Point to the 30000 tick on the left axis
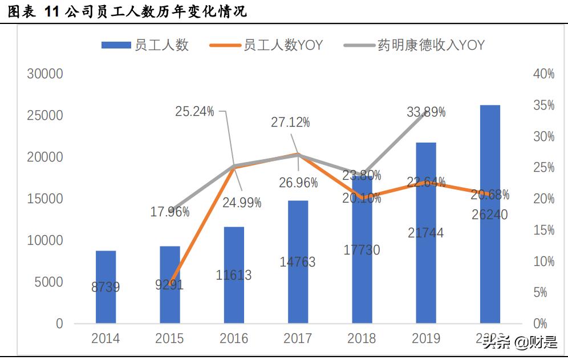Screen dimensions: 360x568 pyautogui.click(x=44, y=74)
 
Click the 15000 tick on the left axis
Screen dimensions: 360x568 pyautogui.click(x=44, y=199)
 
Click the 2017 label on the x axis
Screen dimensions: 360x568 pyautogui.click(x=298, y=339)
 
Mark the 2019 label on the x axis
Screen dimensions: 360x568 pyautogui.click(x=426, y=339)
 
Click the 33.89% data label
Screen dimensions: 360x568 pyautogui.click(x=426, y=112)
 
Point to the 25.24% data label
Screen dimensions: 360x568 pyautogui.click(x=194, y=112)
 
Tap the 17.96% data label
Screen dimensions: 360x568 pyautogui.click(x=170, y=212)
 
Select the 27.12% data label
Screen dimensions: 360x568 pyautogui.click(x=290, y=122)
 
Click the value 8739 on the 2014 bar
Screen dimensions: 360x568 pyautogui.click(x=106, y=288)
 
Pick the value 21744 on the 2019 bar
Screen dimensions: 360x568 pyautogui.click(x=426, y=233)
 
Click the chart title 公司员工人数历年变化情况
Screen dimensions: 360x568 pyautogui.click(x=154, y=11)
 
